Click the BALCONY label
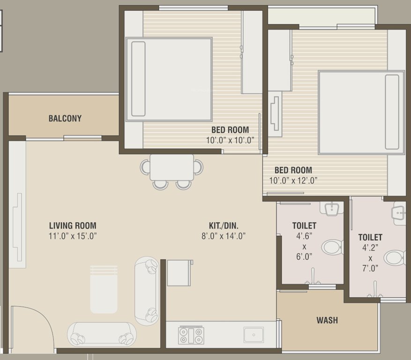[65, 119]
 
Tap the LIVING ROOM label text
[73, 225]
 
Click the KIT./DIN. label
[224, 225]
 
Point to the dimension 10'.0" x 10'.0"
[230, 140]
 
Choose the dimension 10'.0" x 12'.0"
[293, 180]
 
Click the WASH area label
[327, 321]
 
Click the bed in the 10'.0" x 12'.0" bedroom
[361, 112]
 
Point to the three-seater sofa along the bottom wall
[102, 333]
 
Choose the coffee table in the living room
[104, 290]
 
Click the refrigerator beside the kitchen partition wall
[179, 272]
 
